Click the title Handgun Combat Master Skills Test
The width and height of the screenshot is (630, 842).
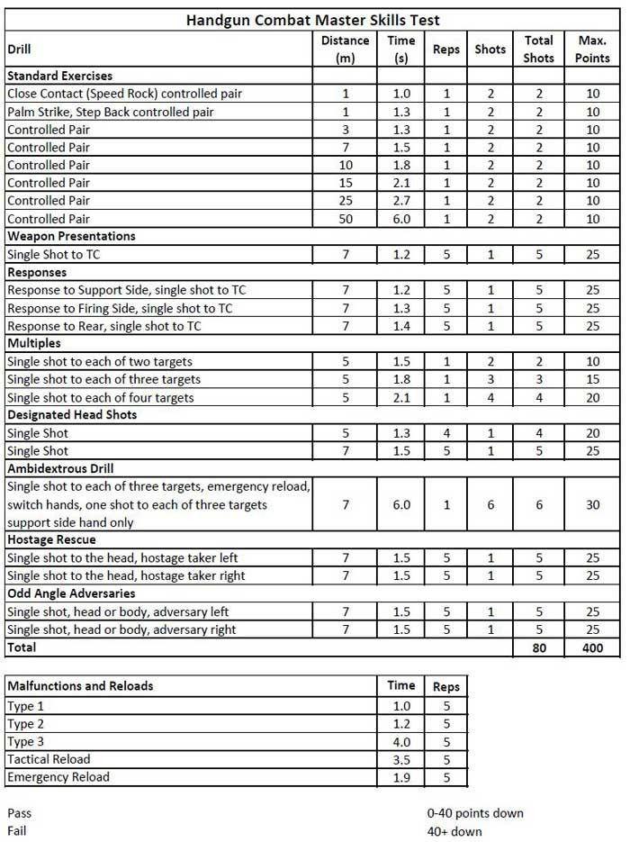[x=312, y=20]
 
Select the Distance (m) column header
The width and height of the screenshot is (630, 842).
[x=345, y=49]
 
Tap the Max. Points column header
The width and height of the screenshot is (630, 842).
[x=592, y=49]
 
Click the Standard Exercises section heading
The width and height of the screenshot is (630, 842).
[x=59, y=76]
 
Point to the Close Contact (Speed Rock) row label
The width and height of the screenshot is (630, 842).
[x=124, y=94]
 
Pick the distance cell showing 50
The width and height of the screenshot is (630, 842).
[x=345, y=218]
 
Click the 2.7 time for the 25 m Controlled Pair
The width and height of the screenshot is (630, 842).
[x=400, y=200]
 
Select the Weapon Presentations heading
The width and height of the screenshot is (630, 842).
[x=71, y=236]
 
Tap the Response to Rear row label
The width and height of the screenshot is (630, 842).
[x=103, y=325]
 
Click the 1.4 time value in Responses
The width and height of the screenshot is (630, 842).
[x=400, y=325]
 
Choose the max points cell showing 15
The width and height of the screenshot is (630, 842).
[x=592, y=379]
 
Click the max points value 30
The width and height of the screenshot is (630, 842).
[x=592, y=504]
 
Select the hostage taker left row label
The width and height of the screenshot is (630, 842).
[x=125, y=558]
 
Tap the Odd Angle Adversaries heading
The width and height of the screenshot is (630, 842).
[x=71, y=593]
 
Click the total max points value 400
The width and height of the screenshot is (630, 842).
[x=592, y=647]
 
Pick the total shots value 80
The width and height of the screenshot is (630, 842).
[x=538, y=647]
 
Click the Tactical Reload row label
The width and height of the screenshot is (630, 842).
[x=49, y=759]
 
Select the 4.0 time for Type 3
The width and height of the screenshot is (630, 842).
[x=400, y=741]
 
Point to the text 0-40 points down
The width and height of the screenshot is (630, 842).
[x=475, y=813]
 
